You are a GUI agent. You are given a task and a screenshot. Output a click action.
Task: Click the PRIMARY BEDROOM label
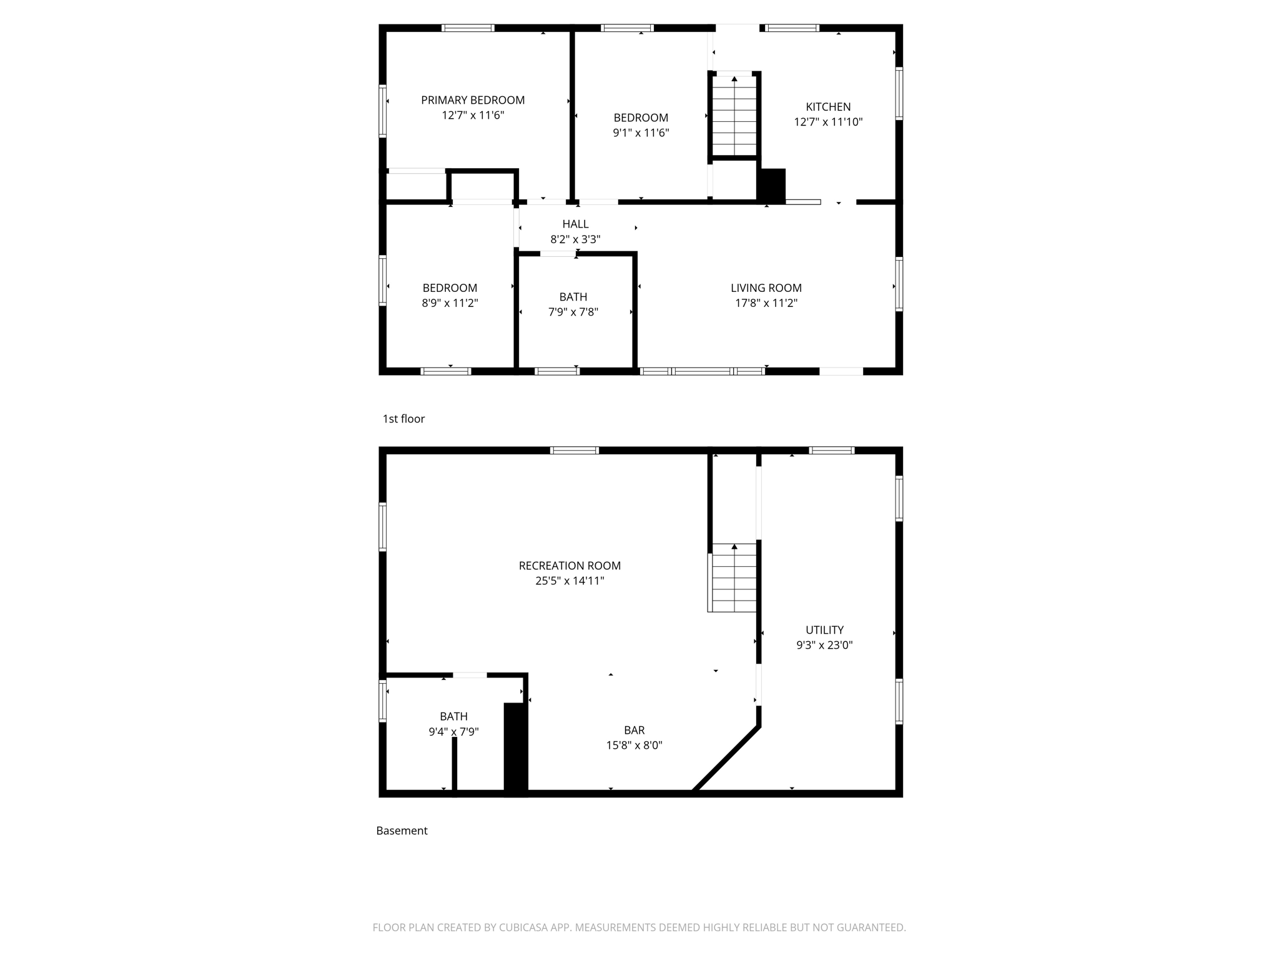tap(473, 100)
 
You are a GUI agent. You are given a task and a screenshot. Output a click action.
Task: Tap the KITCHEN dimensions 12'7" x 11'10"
tap(828, 122)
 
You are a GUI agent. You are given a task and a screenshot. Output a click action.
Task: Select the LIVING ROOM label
tap(766, 287)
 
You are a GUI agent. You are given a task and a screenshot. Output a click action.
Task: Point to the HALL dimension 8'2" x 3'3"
tap(575, 239)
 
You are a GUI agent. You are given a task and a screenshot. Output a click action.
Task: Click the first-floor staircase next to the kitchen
tap(734, 116)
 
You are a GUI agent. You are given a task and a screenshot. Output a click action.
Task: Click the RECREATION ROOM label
tap(570, 566)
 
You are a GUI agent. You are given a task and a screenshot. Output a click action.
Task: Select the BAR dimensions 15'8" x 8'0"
tap(634, 745)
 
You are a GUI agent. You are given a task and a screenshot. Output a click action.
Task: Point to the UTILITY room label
tap(824, 630)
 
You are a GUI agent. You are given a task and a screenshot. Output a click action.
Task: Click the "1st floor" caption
tap(403, 419)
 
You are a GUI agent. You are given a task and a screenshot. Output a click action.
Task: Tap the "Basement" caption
tap(402, 831)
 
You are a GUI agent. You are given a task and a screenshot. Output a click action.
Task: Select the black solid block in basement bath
tap(515, 749)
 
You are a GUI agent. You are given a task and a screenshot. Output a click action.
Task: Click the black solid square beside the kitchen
tap(773, 185)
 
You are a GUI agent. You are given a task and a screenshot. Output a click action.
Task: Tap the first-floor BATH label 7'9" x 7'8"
tap(573, 297)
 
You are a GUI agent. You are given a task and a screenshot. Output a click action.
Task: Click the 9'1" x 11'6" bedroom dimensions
tap(641, 132)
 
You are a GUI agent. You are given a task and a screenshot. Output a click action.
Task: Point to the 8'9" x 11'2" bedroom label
tap(450, 287)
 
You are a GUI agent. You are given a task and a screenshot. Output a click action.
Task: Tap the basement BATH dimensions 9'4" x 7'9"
tap(453, 731)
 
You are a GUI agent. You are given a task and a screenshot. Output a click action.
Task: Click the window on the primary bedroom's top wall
tap(468, 28)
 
